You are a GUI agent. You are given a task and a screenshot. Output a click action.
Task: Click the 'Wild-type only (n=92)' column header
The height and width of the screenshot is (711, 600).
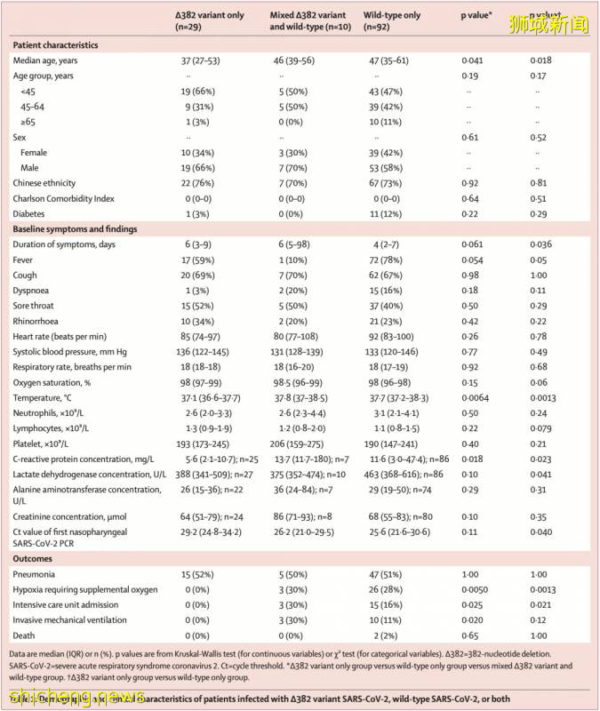click(393, 22)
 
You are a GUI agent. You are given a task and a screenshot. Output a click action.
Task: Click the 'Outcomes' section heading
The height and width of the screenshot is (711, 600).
click(34, 559)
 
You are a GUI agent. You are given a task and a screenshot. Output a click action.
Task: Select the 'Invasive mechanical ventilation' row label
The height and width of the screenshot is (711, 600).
click(75, 619)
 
